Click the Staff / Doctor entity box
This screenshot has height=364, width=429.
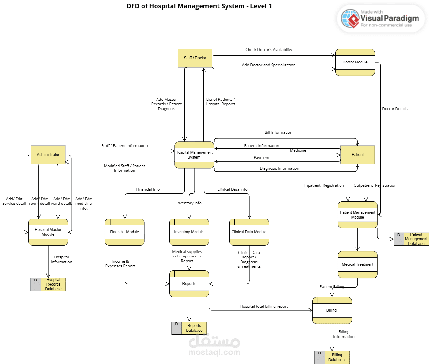point(195,58)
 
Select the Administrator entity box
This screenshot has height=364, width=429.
point(48,155)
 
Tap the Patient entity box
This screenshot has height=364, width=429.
point(357,155)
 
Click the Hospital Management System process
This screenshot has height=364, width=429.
point(194,155)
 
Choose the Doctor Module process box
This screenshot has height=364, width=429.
point(355,62)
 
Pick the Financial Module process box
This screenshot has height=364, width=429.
point(125,232)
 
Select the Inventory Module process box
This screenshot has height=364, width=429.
point(189,232)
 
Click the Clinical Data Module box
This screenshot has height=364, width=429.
point(249,232)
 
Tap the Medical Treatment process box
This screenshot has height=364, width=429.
point(357,264)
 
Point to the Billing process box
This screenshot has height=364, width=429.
point(332,310)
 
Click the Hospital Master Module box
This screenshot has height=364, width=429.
point(48,232)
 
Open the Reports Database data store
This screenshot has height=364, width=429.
point(189,328)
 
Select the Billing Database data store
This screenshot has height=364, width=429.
point(332,357)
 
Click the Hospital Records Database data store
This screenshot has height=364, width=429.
point(48,284)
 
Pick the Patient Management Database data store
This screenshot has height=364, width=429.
point(411,239)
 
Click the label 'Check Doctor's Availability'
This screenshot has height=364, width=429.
point(269,50)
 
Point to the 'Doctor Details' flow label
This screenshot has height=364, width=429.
point(395,109)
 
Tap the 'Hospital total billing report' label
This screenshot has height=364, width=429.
point(264,306)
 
